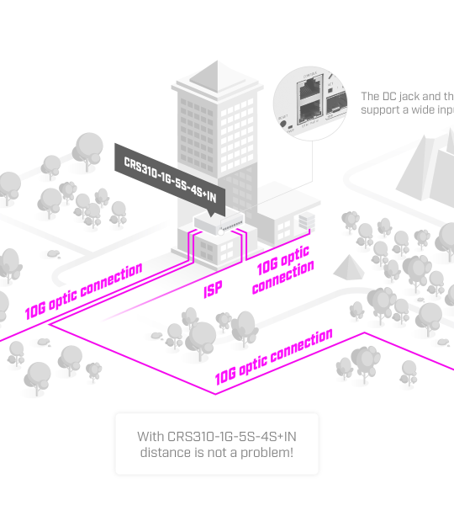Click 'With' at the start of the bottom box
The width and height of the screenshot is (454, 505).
[x=150, y=437]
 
